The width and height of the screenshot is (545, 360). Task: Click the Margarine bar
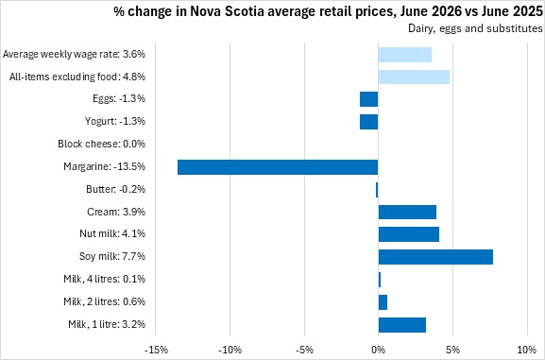click(x=278, y=167)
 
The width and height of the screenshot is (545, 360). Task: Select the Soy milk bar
click(x=435, y=257)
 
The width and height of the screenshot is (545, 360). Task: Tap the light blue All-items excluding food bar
click(x=414, y=77)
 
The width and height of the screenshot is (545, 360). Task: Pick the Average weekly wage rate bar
click(x=405, y=55)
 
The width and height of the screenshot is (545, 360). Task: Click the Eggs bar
click(x=368, y=99)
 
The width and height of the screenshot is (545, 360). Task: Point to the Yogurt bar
click(x=368, y=122)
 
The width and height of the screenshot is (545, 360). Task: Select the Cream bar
click(x=407, y=212)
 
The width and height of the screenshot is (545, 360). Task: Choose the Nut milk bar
click(x=408, y=234)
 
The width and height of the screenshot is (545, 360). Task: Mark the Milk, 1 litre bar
click(x=401, y=325)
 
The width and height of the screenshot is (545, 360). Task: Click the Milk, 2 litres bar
click(x=383, y=302)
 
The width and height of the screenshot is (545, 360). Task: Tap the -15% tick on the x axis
click(x=155, y=350)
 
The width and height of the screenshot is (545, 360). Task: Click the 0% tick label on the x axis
click(x=378, y=350)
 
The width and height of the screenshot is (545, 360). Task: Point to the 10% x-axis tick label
click(x=527, y=350)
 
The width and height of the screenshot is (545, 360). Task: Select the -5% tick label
click(x=304, y=350)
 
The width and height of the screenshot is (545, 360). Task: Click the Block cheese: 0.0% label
click(x=101, y=144)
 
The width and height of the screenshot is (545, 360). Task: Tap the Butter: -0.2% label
click(x=116, y=189)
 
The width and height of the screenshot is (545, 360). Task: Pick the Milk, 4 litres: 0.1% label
click(x=104, y=279)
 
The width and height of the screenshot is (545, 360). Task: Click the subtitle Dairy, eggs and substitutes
click(x=475, y=28)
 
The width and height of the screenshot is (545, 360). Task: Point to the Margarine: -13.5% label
click(x=104, y=166)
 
